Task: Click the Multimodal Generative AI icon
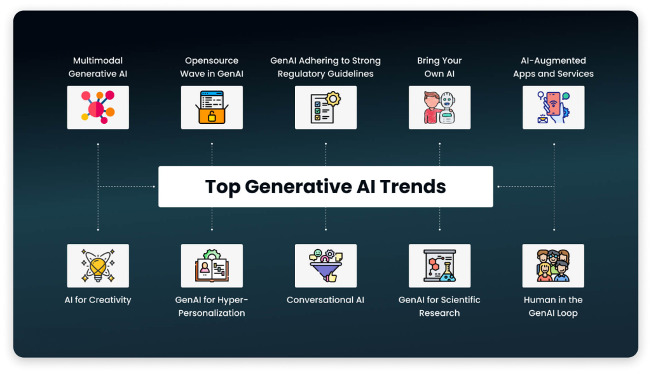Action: [98, 107]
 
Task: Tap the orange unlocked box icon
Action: [212, 107]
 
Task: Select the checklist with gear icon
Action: [325, 107]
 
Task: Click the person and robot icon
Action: [440, 107]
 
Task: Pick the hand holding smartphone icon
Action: [554, 107]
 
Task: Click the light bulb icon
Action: [98, 266]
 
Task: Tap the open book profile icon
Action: [212, 266]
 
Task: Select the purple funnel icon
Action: [325, 266]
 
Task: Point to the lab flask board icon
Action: [440, 266]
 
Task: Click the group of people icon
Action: [553, 266]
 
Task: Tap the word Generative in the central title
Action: [298, 186]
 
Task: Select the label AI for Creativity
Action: [98, 299]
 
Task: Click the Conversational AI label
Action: [325, 299]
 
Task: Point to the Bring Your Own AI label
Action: [439, 67]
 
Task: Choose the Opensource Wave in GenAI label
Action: [212, 67]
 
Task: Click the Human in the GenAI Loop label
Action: [553, 306]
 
